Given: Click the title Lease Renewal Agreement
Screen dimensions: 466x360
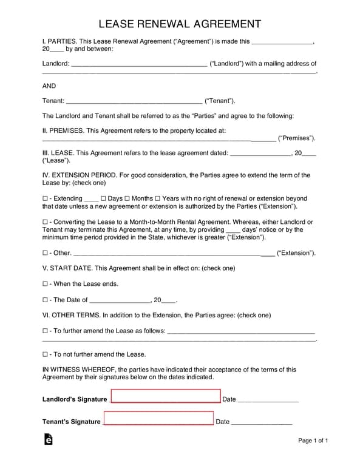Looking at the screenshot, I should coord(180,24).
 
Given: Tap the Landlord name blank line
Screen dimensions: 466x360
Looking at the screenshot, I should coord(139,64).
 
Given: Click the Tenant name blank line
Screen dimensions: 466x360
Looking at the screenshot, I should coord(134,101).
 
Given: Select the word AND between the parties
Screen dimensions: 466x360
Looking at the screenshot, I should coord(49,86).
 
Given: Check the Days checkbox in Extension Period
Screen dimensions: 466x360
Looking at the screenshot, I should coord(103,198).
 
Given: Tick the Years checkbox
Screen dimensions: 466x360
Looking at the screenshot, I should coord(158,198).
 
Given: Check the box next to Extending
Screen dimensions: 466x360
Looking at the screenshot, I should coord(46,198).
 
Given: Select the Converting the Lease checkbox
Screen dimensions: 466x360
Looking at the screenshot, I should coord(46,222).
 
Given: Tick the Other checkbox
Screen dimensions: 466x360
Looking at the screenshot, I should coord(46,253).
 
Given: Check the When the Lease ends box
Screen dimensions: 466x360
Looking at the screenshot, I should coord(46,284).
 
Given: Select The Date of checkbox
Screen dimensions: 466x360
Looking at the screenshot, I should coord(46,300).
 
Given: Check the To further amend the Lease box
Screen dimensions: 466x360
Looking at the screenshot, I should coord(46,331).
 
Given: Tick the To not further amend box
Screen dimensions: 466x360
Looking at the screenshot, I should coord(46,354).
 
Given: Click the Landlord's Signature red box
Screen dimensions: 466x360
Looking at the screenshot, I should coord(166,397).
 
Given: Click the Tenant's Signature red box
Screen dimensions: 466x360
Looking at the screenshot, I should coord(158,419).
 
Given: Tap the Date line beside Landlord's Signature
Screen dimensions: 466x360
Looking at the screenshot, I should coord(268,400).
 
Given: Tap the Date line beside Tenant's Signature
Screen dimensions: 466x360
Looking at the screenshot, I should coord(261,422).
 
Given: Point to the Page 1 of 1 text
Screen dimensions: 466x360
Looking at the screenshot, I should coord(313,441).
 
